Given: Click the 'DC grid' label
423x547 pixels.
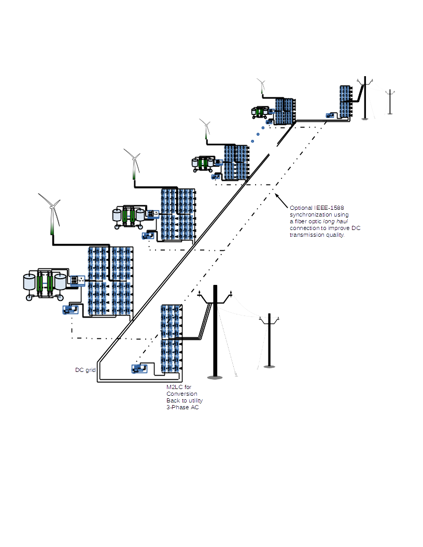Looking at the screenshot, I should click(x=86, y=370).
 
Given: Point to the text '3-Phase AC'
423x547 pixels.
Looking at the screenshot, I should click(x=182, y=408).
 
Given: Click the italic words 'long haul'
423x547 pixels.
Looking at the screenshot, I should click(x=335, y=221).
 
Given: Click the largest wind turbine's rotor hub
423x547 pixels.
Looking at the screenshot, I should click(x=52, y=206).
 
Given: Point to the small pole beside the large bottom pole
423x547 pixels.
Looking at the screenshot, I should click(x=269, y=339).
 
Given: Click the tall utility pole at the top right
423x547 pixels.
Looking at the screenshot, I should click(x=365, y=98).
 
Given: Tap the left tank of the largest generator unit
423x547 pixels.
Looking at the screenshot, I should click(x=30, y=282).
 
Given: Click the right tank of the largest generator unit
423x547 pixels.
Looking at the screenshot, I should click(x=61, y=282).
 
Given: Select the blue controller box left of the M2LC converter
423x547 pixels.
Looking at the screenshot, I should click(x=139, y=369).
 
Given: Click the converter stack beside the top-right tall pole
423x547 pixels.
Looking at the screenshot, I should click(x=345, y=101).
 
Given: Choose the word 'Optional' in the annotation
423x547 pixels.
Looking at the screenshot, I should click(x=301, y=208).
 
